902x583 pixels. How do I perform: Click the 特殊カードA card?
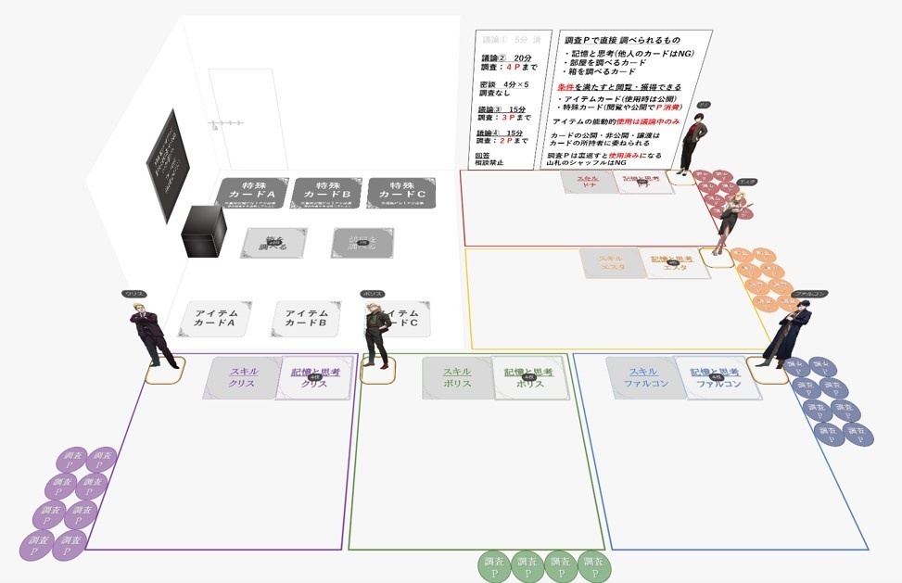[x=251, y=196]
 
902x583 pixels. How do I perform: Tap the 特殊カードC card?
[x=401, y=194]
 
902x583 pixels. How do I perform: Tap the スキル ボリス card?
[x=457, y=378]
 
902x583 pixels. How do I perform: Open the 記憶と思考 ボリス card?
[x=529, y=378]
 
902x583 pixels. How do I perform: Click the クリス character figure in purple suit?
[x=152, y=333]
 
